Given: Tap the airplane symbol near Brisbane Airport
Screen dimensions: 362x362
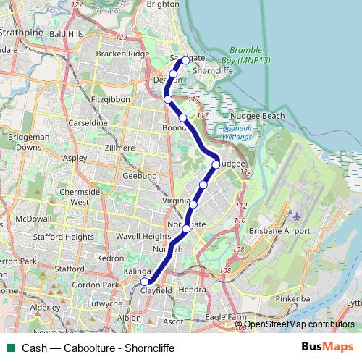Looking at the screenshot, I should point(296,216).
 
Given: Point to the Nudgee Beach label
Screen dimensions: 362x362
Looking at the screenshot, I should point(256,116).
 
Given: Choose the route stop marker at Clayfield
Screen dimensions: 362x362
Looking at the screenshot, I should point(145,282).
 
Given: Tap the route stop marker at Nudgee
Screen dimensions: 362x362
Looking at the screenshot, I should point(216,164).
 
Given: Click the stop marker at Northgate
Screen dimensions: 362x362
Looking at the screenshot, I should point(186,229).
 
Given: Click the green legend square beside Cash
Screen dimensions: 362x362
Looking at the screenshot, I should point(11,348).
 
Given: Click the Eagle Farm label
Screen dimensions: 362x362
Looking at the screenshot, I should point(226,317).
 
